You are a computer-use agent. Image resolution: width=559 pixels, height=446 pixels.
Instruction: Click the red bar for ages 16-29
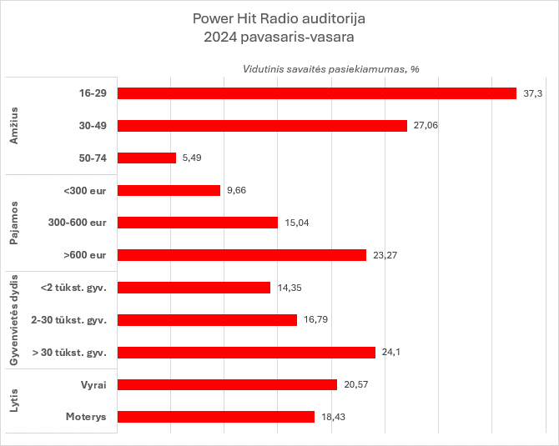[x=317, y=93]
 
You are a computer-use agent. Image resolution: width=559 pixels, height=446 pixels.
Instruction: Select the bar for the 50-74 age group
[x=147, y=158]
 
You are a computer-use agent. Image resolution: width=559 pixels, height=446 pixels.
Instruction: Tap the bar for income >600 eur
[x=242, y=255]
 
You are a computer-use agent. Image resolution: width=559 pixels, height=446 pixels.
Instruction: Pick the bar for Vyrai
[x=227, y=384]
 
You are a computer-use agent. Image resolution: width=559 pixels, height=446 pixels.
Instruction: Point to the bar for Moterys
[x=216, y=417]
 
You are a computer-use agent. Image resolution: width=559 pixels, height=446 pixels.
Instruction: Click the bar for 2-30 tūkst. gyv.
[x=207, y=320]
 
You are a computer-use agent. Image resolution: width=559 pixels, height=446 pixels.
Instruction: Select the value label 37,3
[x=533, y=93]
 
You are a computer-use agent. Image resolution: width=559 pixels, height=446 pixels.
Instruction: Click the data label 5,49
[x=193, y=158]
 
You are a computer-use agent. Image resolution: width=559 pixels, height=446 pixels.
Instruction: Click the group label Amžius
[x=14, y=126]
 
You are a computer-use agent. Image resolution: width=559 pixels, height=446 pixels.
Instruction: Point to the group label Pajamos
[x=14, y=223]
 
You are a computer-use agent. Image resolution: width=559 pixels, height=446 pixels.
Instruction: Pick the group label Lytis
[x=14, y=401]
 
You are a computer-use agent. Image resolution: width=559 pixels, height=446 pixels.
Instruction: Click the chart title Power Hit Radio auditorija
[x=279, y=18]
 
